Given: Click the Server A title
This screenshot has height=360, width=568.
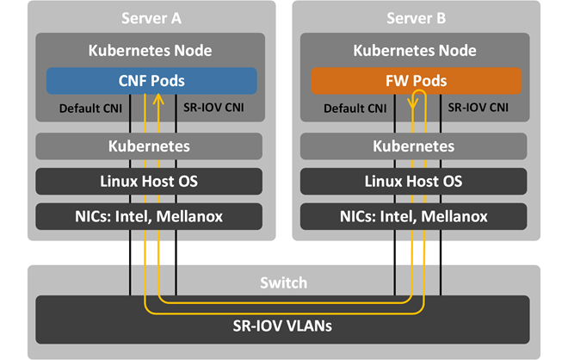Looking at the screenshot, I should (x=148, y=19).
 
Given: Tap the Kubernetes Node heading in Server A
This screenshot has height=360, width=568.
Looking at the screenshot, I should (x=148, y=50).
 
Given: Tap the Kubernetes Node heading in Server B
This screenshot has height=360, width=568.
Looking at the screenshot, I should (x=415, y=50).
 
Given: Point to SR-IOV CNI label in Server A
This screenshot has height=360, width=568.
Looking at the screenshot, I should (x=211, y=109).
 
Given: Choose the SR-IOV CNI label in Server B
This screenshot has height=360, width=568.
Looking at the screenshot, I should (x=476, y=109).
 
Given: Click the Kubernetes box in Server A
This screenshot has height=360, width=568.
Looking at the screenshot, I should (x=148, y=146).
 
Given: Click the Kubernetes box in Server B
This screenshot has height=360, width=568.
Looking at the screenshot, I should (x=415, y=146).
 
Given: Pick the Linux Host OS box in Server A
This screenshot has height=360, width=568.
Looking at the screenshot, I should (x=148, y=182).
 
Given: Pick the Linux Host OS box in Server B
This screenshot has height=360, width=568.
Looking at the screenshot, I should (x=415, y=182).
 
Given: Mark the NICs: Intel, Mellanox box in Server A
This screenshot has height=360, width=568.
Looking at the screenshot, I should (x=148, y=217).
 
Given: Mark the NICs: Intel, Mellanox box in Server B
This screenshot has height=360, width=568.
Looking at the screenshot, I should (x=415, y=217).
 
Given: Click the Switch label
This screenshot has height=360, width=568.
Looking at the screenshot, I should (x=284, y=282).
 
